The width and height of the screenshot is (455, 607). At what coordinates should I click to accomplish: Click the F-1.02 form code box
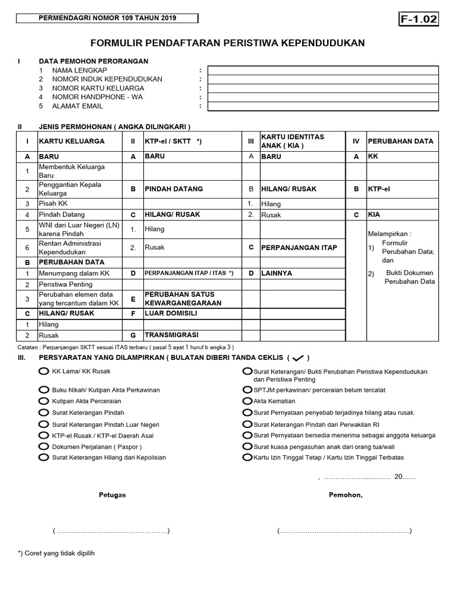tap(419, 20)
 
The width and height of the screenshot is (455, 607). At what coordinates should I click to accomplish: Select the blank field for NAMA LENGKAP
tap(323, 70)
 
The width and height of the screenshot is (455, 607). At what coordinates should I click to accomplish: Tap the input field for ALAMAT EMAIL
tap(323, 106)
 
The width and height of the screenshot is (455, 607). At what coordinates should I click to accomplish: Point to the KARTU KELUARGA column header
tap(72, 141)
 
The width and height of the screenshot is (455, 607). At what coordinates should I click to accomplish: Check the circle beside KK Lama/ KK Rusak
tap(43, 371)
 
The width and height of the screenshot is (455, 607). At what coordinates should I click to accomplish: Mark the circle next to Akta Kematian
tap(247, 401)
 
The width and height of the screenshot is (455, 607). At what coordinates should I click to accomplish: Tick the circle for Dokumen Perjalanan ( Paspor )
tap(43, 446)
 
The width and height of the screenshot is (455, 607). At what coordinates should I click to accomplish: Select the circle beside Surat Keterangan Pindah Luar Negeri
tap(43, 424)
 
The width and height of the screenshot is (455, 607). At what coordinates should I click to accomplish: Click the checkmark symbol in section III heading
tap(298, 357)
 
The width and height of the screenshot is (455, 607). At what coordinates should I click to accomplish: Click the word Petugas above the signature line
tap(112, 495)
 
